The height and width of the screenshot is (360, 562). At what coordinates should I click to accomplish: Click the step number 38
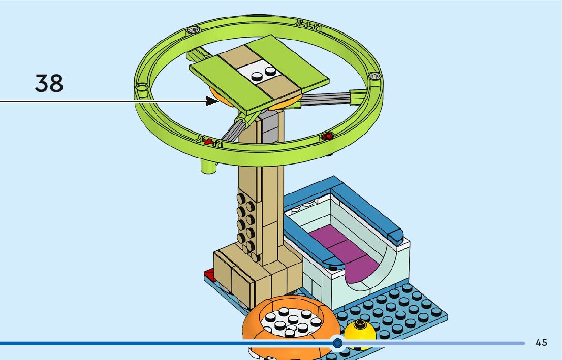pyautogui.click(x=49, y=83)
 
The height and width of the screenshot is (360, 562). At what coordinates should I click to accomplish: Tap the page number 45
pyautogui.click(x=541, y=343)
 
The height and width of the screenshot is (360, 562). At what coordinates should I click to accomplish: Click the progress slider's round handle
pyautogui.click(x=337, y=343)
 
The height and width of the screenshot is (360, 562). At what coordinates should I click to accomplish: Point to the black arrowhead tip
pyautogui.click(x=217, y=101)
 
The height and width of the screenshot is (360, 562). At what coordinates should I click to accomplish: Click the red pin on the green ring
pyautogui.click(x=328, y=136)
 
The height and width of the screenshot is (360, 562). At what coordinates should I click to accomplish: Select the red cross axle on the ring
pyautogui.click(x=207, y=141)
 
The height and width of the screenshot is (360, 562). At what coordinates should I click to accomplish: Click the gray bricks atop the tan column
pyautogui.click(x=270, y=127)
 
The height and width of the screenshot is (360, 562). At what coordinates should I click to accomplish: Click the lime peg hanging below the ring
pyautogui.click(x=207, y=167)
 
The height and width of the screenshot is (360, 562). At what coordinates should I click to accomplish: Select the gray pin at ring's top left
pyautogui.click(x=193, y=30)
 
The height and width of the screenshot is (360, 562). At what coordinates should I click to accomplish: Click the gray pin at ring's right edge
pyautogui.click(x=375, y=77)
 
